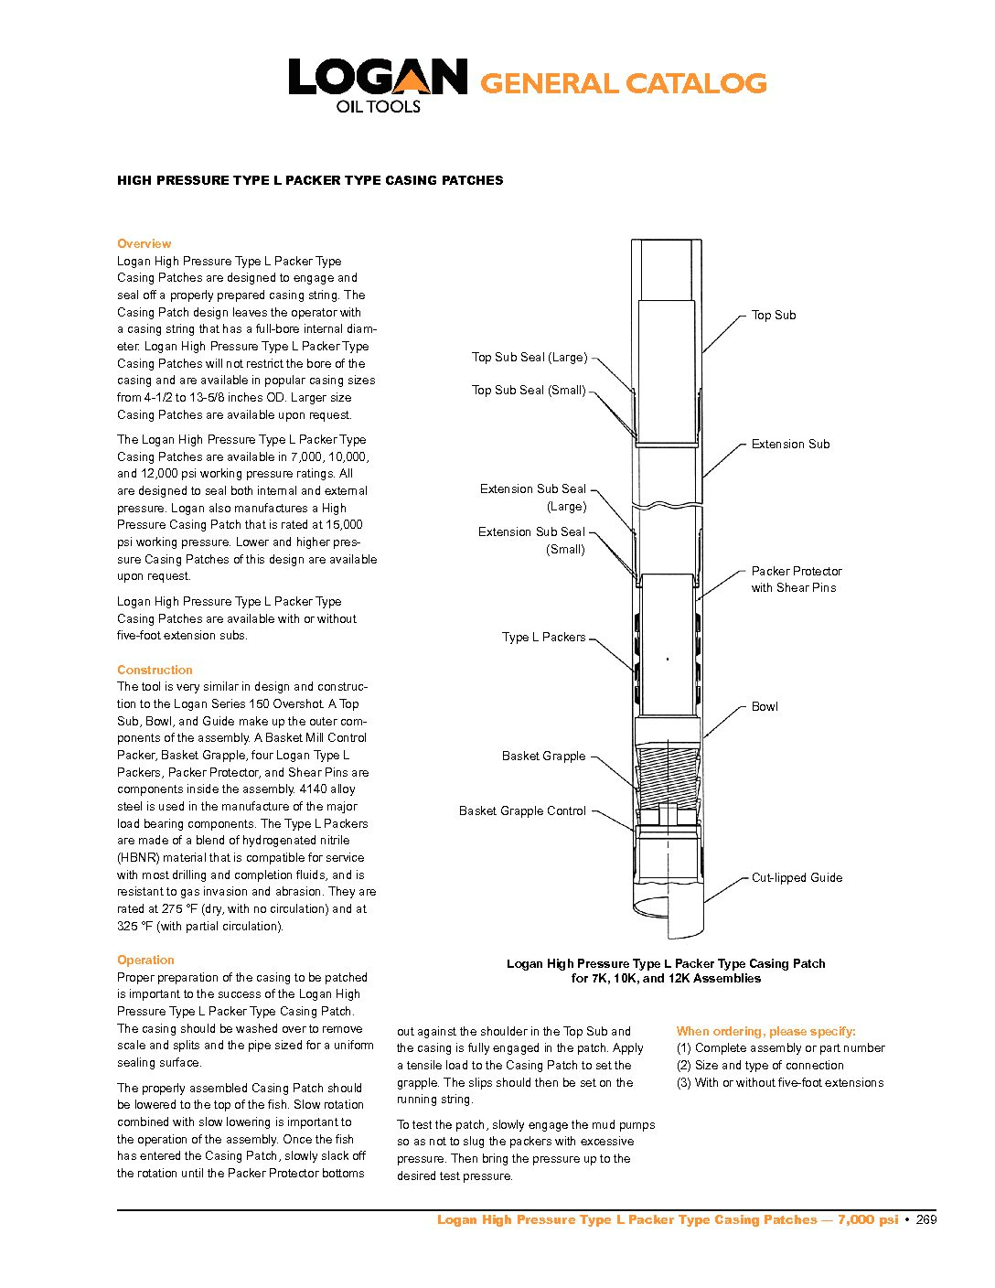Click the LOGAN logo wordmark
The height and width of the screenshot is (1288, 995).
(x=378, y=78)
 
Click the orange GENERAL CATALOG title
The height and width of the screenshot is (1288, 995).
(x=623, y=84)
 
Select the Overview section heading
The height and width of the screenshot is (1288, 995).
(x=144, y=243)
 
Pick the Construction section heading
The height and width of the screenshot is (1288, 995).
(x=155, y=670)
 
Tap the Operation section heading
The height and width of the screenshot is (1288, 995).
(x=145, y=960)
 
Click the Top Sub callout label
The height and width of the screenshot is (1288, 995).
(x=773, y=315)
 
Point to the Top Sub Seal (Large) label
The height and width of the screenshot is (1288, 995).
(x=529, y=357)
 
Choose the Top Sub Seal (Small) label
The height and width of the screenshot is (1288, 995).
(x=529, y=390)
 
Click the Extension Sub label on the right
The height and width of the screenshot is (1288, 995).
(x=790, y=444)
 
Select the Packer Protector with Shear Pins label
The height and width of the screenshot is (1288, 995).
(x=796, y=579)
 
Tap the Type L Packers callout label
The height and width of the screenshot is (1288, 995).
(x=543, y=637)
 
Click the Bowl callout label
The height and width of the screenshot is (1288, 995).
(x=765, y=706)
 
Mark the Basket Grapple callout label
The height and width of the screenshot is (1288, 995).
(x=543, y=756)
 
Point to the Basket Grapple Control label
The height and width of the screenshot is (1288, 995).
(x=522, y=810)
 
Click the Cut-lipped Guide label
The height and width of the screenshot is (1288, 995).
(x=797, y=877)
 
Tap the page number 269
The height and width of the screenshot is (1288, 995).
(x=926, y=1219)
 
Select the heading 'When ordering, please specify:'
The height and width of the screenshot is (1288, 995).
(x=765, y=1031)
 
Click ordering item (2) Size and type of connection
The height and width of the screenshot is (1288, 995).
(x=760, y=1065)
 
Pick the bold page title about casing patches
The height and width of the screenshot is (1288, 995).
(x=310, y=180)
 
